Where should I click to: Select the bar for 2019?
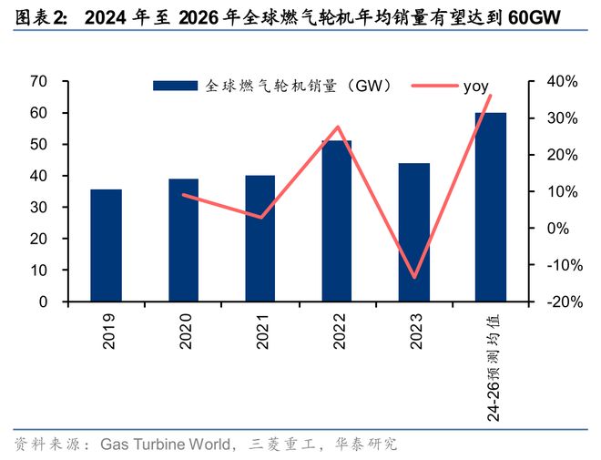[106, 245]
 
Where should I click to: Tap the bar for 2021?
[260, 238]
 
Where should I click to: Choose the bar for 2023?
[413, 232]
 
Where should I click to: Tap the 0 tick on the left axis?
[42, 302]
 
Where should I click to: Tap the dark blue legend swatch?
[175, 86]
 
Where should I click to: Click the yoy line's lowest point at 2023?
[414, 277]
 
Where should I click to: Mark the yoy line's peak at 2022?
[337, 127]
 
